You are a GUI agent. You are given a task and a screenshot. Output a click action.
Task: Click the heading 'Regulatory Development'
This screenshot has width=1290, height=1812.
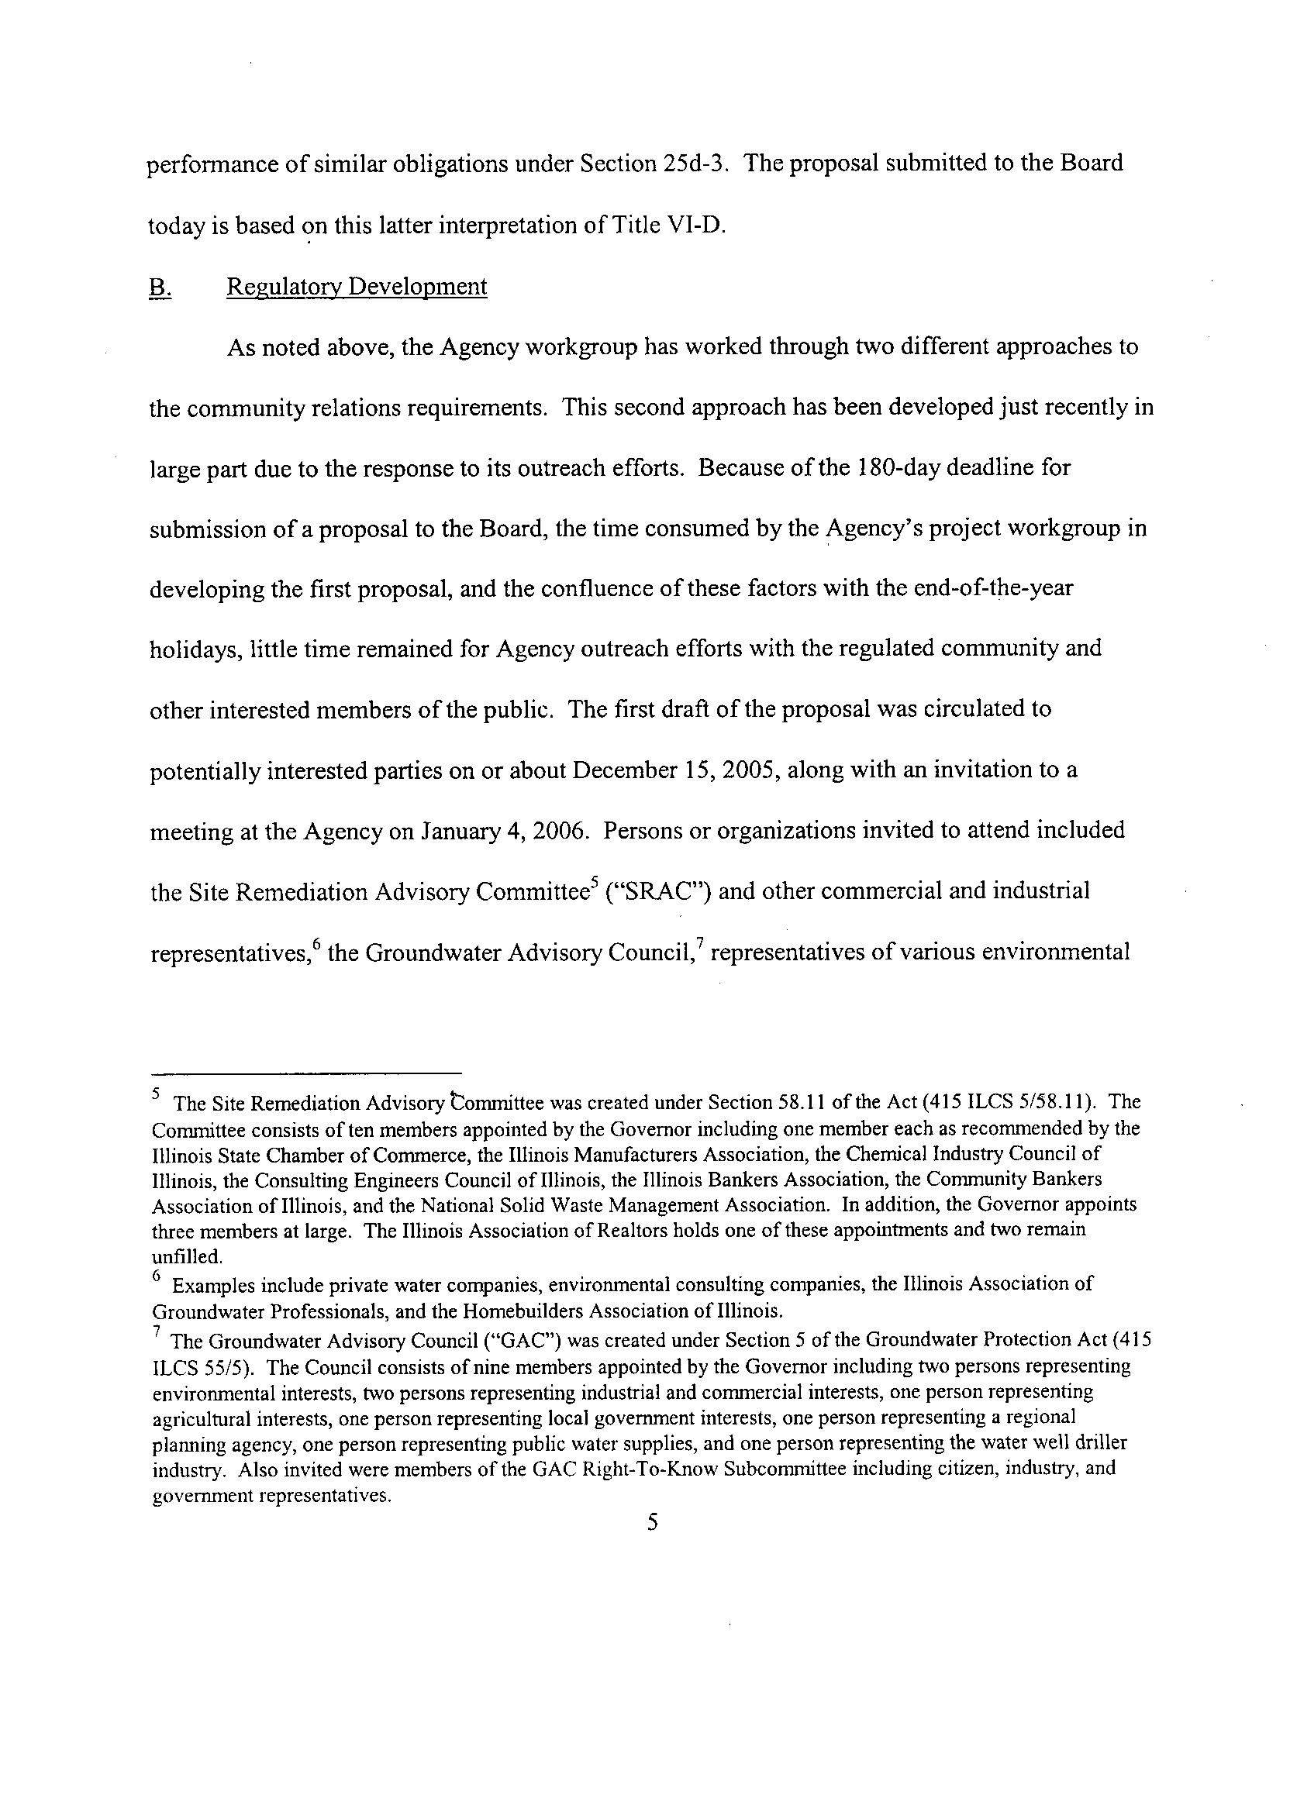357,287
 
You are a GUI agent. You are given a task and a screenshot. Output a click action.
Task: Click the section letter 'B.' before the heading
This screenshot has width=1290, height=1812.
159,287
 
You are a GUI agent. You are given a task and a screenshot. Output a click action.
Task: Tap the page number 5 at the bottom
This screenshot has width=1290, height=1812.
652,1522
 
